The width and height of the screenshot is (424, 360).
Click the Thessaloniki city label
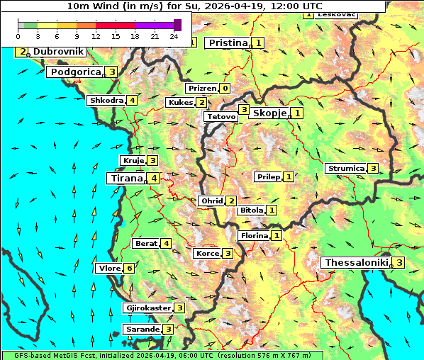pyautogui.click(x=357, y=263)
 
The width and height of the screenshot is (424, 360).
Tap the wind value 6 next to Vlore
pyautogui.click(x=129, y=268)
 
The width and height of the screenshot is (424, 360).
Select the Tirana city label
pyautogui.click(x=125, y=179)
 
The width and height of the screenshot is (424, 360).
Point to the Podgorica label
pyautogui.click(x=75, y=72)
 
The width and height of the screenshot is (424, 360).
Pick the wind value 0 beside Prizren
pyautogui.click(x=224, y=89)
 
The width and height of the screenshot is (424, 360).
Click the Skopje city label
pyautogui.click(x=269, y=113)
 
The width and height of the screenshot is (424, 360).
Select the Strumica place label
pyautogui.click(x=345, y=169)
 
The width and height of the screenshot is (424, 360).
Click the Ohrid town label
pyautogui.click(x=211, y=201)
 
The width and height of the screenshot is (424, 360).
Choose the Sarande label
pyautogui.click(x=142, y=330)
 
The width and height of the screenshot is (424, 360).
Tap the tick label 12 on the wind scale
pyautogui.click(x=96, y=36)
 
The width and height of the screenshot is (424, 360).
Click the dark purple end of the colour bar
pyautogui.click(x=177, y=25)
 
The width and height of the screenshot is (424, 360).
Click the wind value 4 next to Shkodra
pyautogui.click(x=132, y=100)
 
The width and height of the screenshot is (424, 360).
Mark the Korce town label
pyautogui.click(x=207, y=254)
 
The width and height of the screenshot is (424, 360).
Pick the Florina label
pyautogui.click(x=254, y=235)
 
